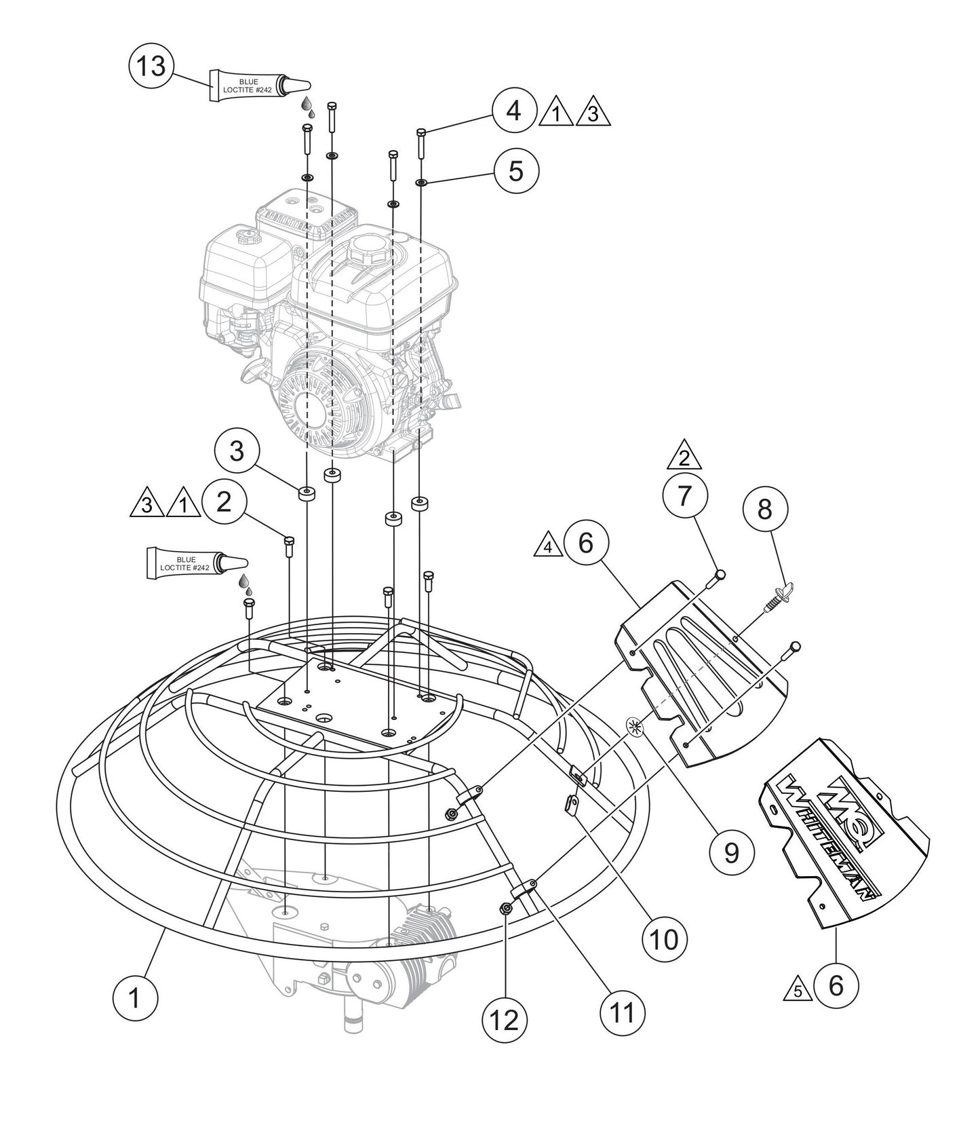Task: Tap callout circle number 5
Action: pos(516,171)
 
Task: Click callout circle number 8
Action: pos(765,510)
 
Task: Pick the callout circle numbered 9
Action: pos(731,853)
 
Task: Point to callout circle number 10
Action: pos(664,940)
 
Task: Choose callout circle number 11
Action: pos(622,1012)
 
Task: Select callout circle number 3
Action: pos(237,451)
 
